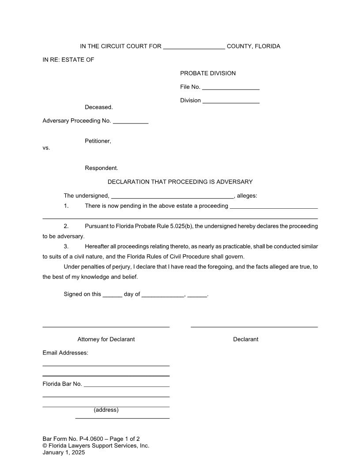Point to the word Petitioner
(x=98, y=141)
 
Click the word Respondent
(x=101, y=168)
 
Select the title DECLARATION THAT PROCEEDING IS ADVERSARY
(x=180, y=182)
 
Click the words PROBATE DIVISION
(x=208, y=73)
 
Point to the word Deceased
(x=99, y=107)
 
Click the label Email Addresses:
(x=65, y=353)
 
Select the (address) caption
(x=106, y=410)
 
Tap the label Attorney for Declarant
(x=106, y=339)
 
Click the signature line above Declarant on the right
(x=254, y=326)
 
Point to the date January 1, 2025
(x=64, y=452)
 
